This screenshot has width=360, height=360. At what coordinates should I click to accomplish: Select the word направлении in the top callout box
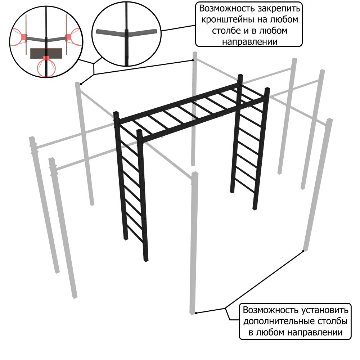click(250, 42)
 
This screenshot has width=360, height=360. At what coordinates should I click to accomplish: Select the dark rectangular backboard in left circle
click(46, 53)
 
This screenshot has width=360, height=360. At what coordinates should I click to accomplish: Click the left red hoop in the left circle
click(18, 37)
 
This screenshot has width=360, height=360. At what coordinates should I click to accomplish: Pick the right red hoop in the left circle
click(74, 37)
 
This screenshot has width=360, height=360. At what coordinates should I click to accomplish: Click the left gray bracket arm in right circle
click(111, 33)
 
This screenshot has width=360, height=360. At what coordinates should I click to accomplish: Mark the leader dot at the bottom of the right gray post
click(303, 251)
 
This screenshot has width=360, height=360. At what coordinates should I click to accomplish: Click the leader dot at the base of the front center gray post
click(196, 313)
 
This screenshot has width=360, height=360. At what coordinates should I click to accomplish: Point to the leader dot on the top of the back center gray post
click(193, 60)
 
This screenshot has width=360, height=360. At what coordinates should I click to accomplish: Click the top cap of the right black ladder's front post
click(267, 89)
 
